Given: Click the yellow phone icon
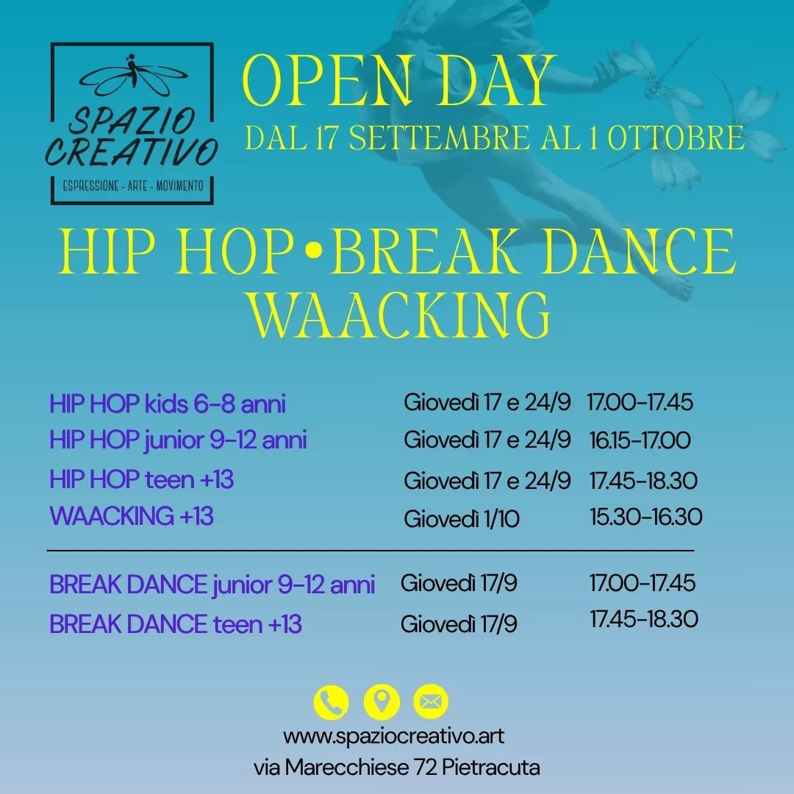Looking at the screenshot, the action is coord(331,702).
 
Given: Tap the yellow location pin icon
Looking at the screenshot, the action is coord(382,702).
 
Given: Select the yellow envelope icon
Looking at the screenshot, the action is coord(431,702).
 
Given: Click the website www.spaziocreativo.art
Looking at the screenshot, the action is coord(393,736).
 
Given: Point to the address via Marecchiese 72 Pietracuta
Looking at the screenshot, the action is coord(396,768).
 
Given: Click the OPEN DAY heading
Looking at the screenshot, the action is coord(399,81).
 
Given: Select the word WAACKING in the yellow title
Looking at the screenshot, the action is coord(399,315).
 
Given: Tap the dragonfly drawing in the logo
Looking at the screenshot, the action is coord(132,75).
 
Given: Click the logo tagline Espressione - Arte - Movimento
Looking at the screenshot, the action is coord(132,186).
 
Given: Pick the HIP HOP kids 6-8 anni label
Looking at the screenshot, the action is coord(168,404).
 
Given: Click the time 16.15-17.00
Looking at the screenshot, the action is coord(640,440).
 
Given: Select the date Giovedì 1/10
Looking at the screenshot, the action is coord(461,518).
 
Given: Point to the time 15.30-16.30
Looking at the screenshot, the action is coord(645,517).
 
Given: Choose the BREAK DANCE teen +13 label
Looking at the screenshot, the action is coord(176,624).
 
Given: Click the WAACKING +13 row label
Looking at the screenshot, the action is coord(131,516).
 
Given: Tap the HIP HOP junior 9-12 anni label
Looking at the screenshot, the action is coord(178,440).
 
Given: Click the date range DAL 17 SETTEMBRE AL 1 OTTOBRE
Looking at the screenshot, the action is coord(495,137).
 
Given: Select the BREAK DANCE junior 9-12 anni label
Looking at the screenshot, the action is coord(212,585).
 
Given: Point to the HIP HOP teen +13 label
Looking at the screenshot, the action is coord(141,479).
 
